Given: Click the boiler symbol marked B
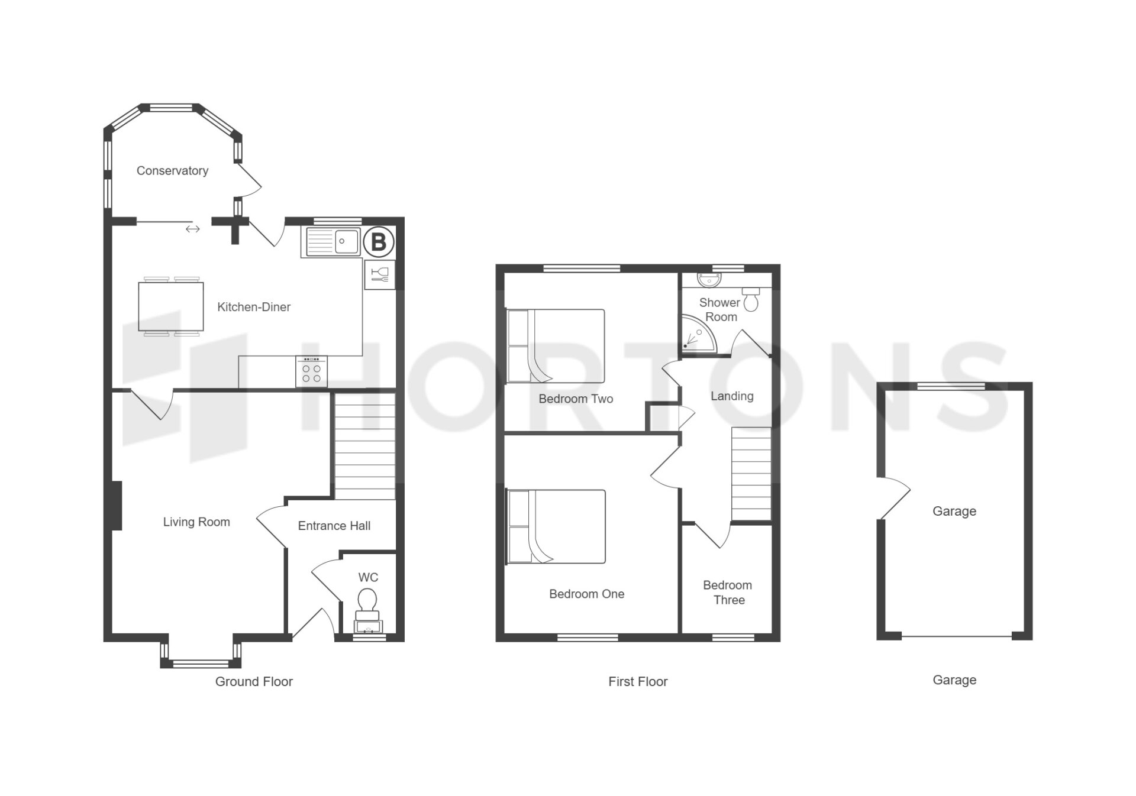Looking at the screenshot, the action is pos(378,242).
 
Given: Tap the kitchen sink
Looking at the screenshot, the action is pos(333,241).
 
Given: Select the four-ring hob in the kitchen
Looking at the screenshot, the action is pos(311,372).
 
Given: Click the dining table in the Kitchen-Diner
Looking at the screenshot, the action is pos(171,306).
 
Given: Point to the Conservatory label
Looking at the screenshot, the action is pos(172,171).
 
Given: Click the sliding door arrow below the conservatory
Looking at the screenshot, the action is pos(193,229).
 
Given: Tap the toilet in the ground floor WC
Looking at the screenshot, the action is pos(367,609).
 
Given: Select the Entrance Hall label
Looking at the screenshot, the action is pos(334,526).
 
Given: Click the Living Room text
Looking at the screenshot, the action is pos(196,522).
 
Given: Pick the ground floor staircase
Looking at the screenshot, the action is pos(365,446).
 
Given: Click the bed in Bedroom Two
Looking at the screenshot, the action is pos(556,346).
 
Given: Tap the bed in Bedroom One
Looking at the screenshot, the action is pos(556,526).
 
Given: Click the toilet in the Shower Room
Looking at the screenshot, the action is pos(751,299).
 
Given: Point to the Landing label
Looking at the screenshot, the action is pos(732,396).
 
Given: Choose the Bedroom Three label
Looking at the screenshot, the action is pos(728,593).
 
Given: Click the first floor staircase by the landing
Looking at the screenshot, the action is pos(751,474).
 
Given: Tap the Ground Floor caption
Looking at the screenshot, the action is pos(254,682).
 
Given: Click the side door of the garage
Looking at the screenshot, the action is pos(893,498).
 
